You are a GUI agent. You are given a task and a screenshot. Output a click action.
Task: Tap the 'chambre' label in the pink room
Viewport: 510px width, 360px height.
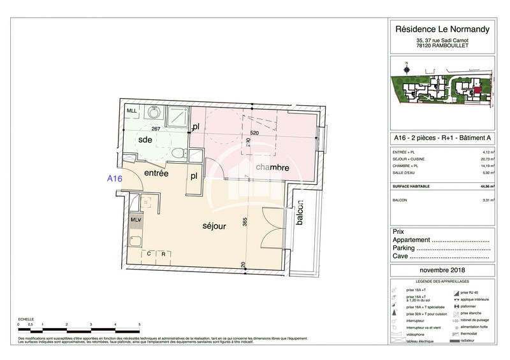pyautogui.click(x=273, y=168)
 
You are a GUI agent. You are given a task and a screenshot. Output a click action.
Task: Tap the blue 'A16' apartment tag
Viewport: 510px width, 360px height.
pyautogui.click(x=114, y=179)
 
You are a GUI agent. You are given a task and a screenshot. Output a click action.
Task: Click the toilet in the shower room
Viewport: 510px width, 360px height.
pyautogui.click(x=180, y=153)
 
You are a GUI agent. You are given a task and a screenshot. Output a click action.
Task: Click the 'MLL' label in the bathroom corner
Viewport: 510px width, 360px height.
pyautogui.click(x=132, y=111)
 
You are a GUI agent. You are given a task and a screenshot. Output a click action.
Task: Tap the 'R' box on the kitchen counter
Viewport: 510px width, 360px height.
pyautogui.click(x=163, y=254)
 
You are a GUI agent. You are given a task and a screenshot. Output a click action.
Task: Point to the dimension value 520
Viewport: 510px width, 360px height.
pyautogui.click(x=254, y=133)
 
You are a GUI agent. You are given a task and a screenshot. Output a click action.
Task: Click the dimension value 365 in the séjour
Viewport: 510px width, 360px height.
pyautogui.click(x=244, y=223)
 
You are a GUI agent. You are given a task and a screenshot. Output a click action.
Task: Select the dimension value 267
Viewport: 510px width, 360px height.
pyautogui.click(x=155, y=128)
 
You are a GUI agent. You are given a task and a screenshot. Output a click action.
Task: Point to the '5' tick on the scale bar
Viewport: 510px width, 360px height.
pyautogui.click(x=139, y=324)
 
